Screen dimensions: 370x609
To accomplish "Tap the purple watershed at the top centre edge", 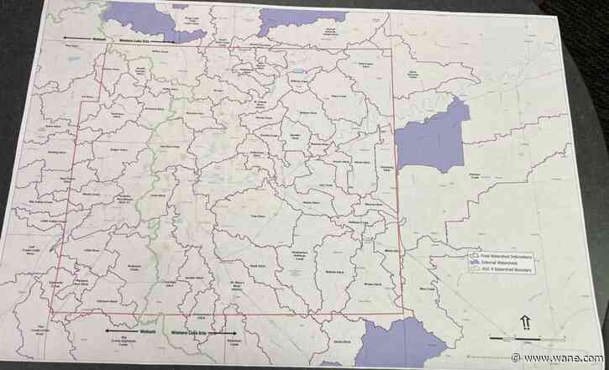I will pos(290,21).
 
